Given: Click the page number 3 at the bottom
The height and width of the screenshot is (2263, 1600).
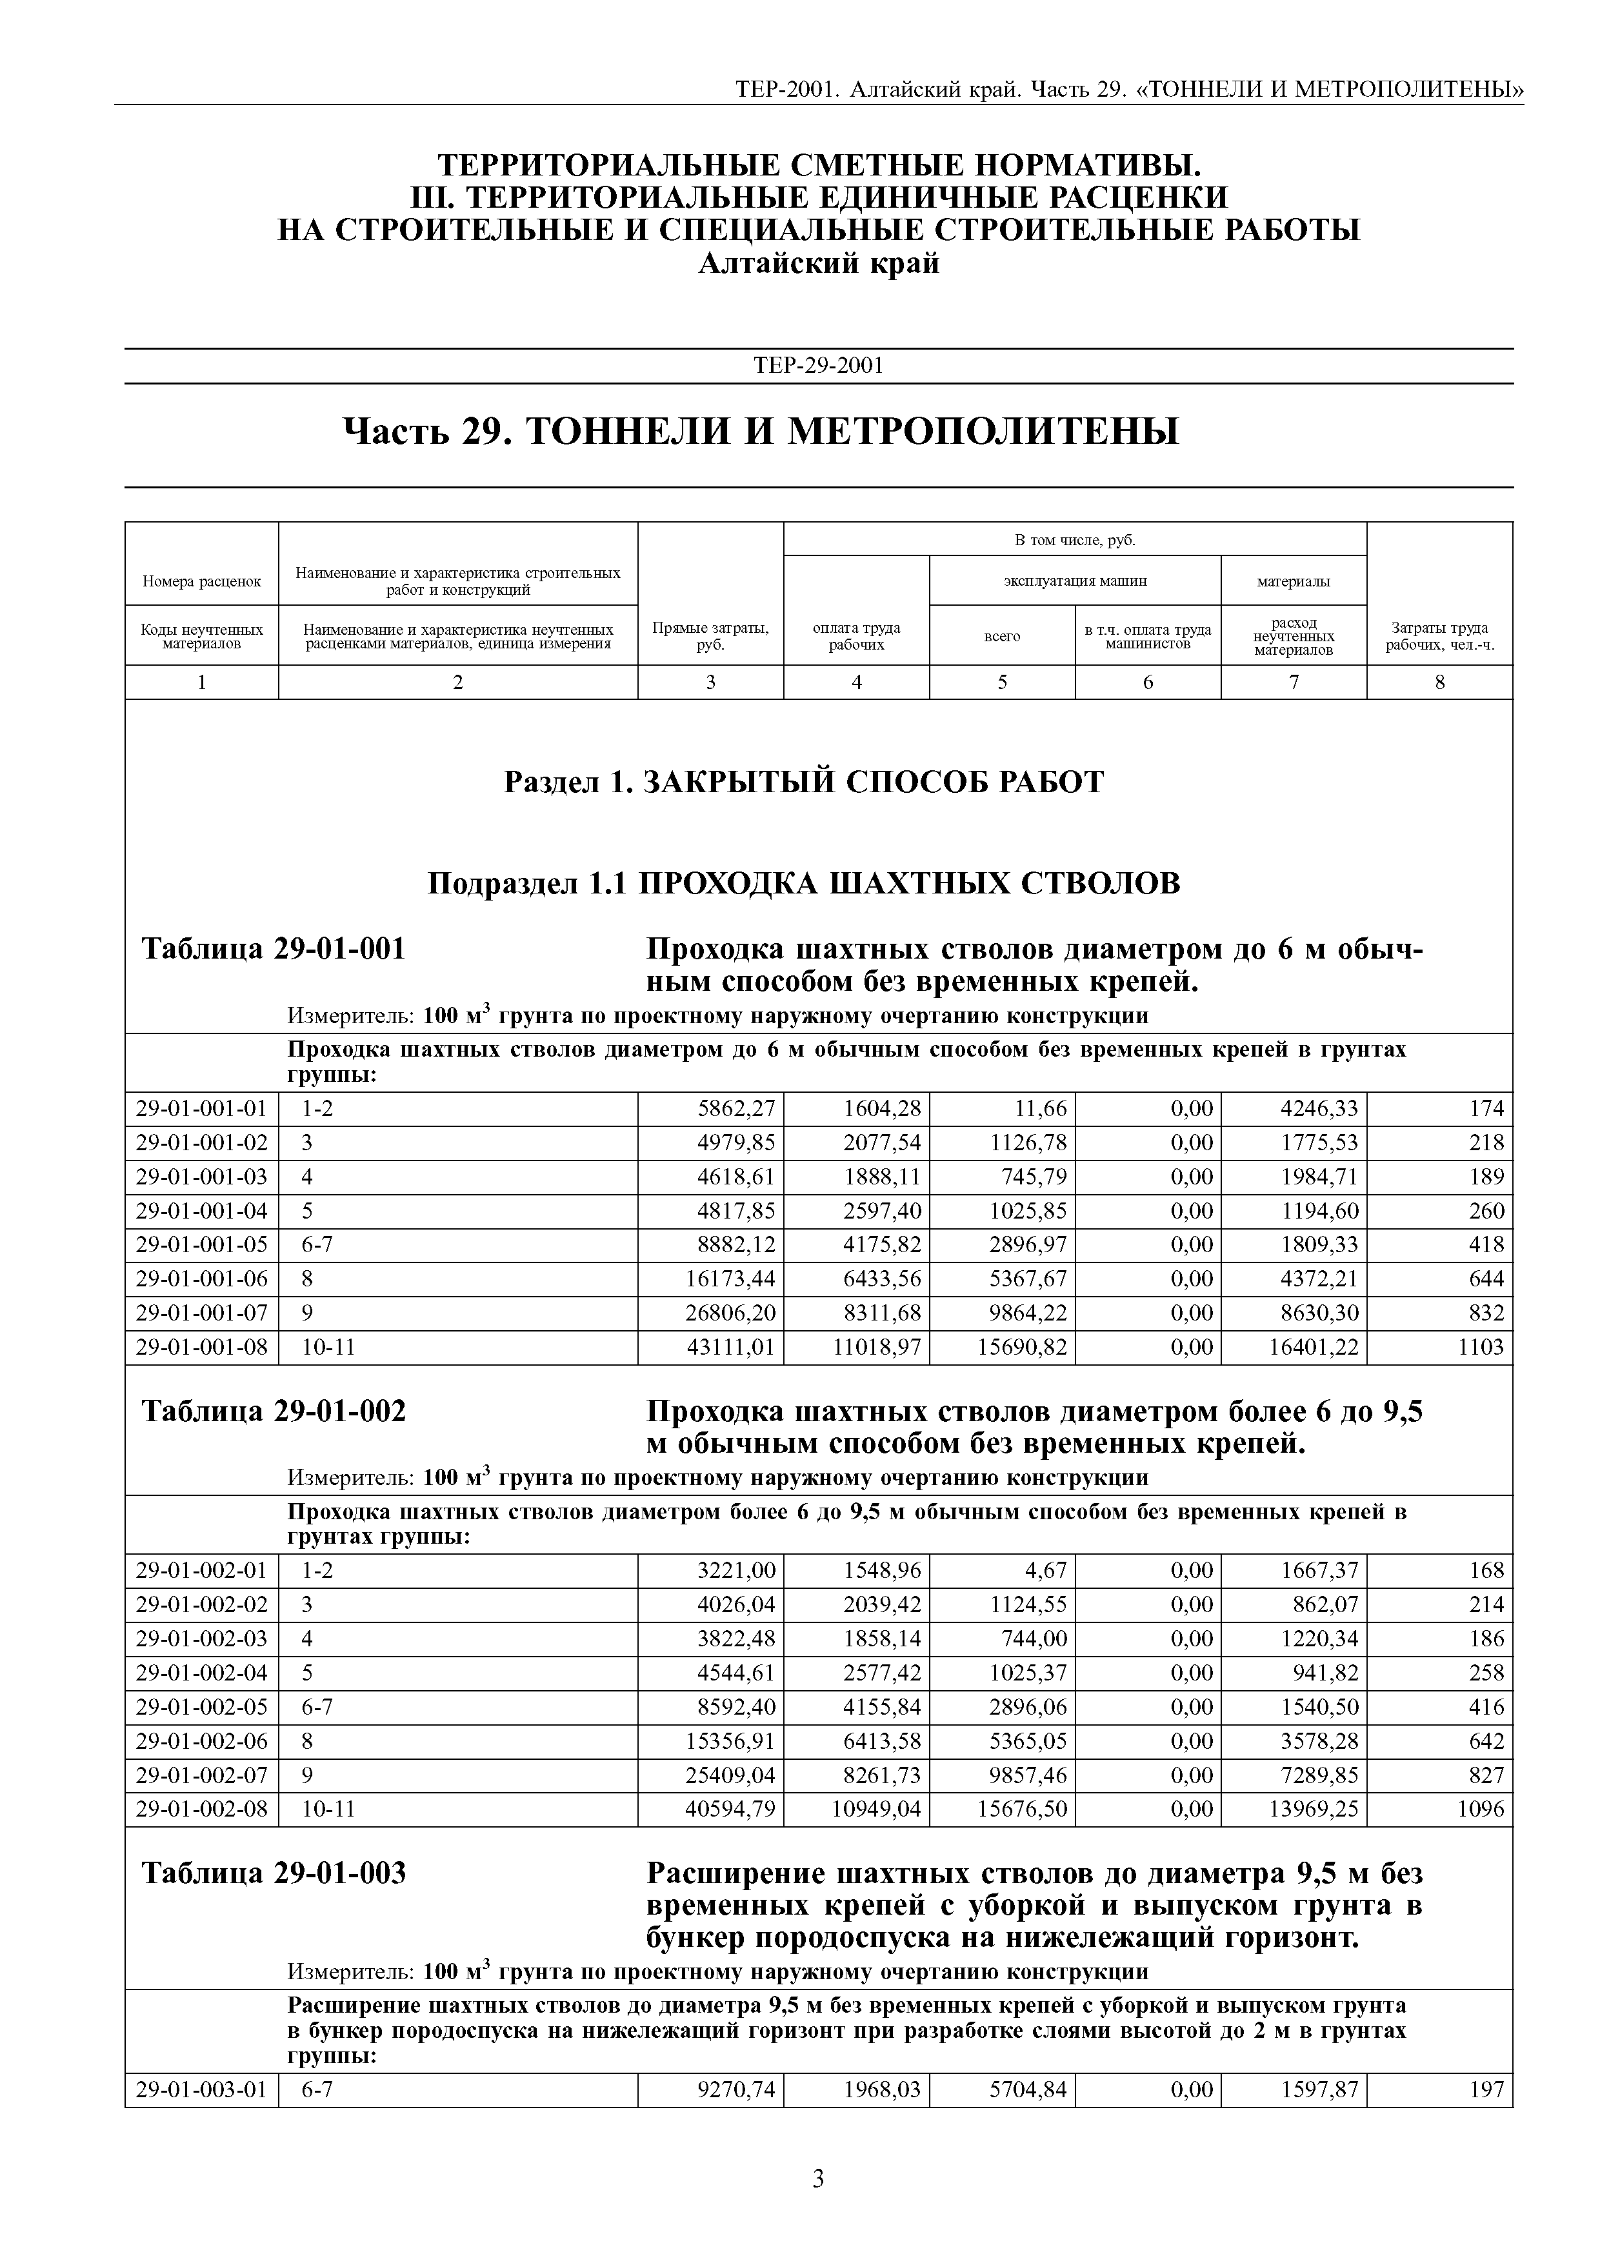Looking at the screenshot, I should coord(817,2179).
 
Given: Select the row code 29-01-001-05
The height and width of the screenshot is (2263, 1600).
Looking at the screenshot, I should coord(201,1245).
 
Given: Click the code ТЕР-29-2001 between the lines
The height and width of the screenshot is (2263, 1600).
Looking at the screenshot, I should coord(818,366).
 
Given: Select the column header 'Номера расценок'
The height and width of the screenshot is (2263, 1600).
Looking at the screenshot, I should coord(202,581).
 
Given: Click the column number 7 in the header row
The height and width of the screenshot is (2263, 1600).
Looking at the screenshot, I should coord(1294,682).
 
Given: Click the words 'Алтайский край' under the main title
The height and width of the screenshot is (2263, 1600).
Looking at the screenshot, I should coord(818,264).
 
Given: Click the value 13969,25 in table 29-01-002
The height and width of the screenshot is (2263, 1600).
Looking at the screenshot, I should coord(1313,1809).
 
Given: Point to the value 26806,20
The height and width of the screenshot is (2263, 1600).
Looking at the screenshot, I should coord(730,1313).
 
